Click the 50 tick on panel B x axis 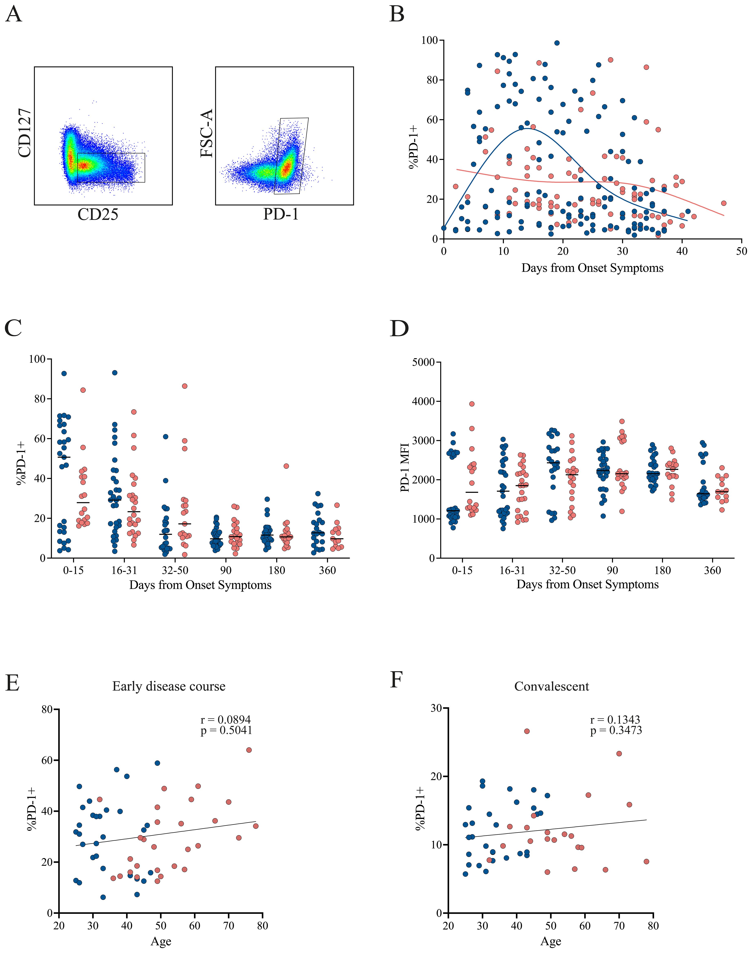(741, 251)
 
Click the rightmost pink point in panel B (723, 203)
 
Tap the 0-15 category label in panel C (73, 571)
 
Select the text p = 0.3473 (616, 731)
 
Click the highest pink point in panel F (527, 731)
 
